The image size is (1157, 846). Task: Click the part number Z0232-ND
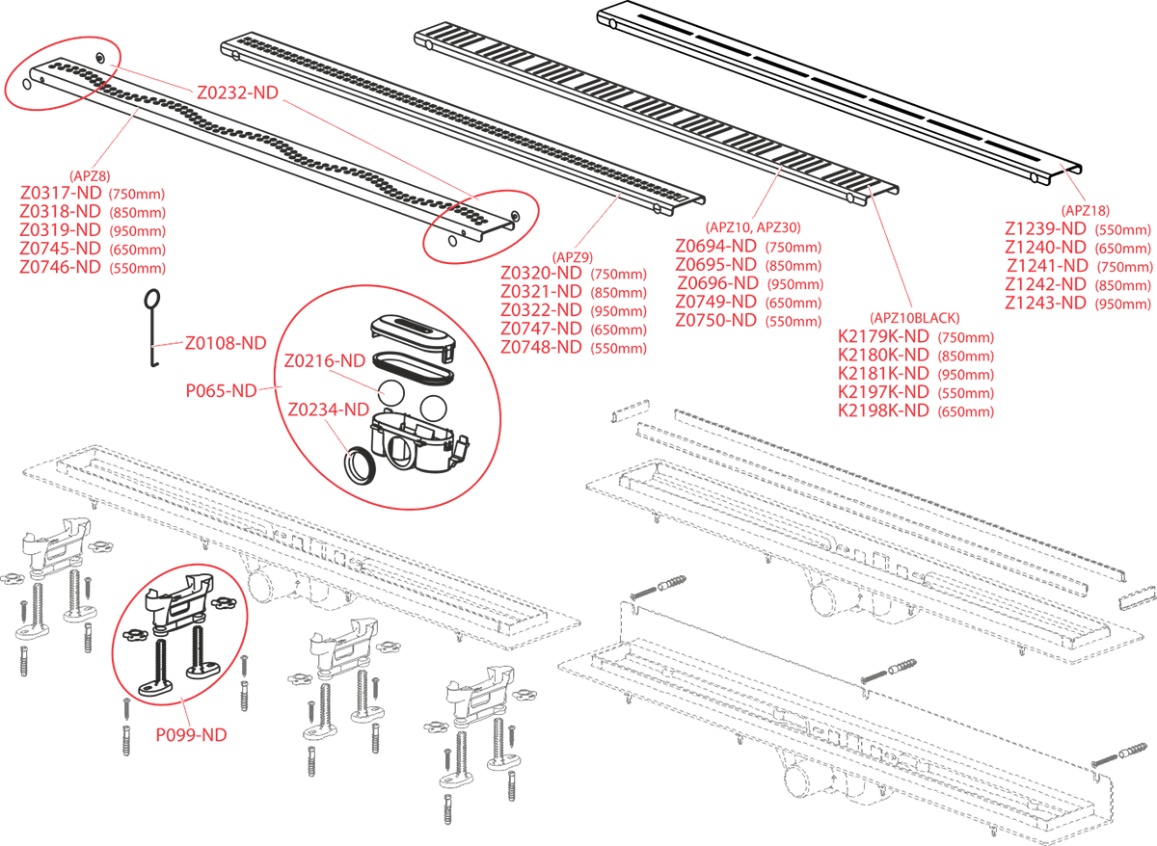pyautogui.click(x=237, y=93)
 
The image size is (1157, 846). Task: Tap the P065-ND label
pyautogui.click(x=221, y=390)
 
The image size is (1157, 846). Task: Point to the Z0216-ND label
pyautogui.click(x=325, y=361)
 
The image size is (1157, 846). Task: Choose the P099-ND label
pyautogui.click(x=191, y=734)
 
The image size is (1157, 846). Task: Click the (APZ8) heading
pyautogui.click(x=93, y=174)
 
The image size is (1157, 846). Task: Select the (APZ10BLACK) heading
pyautogui.click(x=914, y=318)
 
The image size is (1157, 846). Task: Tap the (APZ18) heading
pyautogui.click(x=1085, y=210)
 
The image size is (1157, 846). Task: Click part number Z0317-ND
pyautogui.click(x=61, y=193)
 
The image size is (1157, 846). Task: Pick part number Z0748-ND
pyautogui.click(x=541, y=347)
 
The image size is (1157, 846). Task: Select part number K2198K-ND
pyautogui.click(x=883, y=410)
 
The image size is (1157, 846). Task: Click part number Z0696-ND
pyautogui.click(x=717, y=283)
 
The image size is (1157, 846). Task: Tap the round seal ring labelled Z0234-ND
pyautogui.click(x=359, y=465)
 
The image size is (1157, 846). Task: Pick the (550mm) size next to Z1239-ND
pyautogui.click(x=1122, y=229)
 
